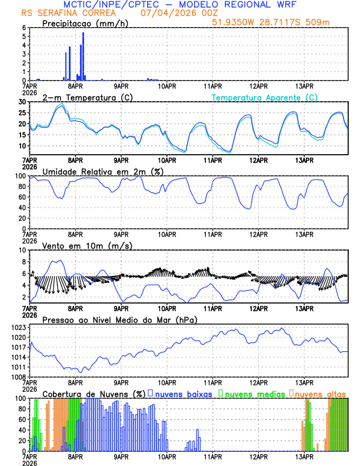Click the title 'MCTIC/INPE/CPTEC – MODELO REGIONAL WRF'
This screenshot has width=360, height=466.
179,5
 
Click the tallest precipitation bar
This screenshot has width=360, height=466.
83,56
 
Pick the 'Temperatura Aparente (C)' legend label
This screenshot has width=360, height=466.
265,97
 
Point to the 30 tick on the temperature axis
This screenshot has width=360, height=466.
23,102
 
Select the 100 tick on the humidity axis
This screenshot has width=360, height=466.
21,176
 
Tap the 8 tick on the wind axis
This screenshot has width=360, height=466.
25,250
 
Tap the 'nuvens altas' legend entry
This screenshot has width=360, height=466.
320,394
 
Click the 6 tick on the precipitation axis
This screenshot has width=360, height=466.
25,28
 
